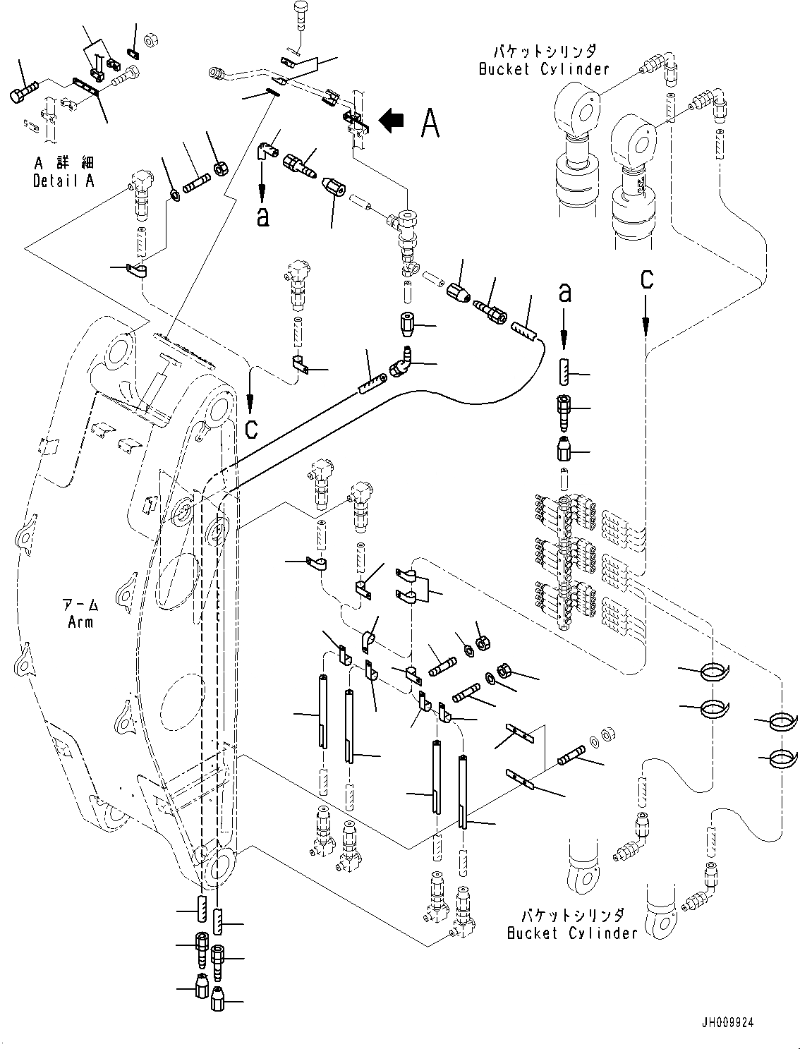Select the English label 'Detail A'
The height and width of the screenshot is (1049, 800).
63,181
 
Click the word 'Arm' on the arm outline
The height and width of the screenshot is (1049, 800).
81,621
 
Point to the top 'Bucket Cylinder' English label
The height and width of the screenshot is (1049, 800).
543,68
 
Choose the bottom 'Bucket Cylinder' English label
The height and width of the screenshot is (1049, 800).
572,933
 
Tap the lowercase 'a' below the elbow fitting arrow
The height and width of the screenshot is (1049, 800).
262,217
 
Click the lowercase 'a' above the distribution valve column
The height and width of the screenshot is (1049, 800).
564,293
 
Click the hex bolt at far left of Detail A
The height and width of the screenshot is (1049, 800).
24,92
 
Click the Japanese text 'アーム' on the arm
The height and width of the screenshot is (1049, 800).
80,605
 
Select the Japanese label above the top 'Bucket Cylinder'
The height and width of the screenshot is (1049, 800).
543,51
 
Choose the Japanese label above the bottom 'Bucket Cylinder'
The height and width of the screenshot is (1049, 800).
572,915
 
